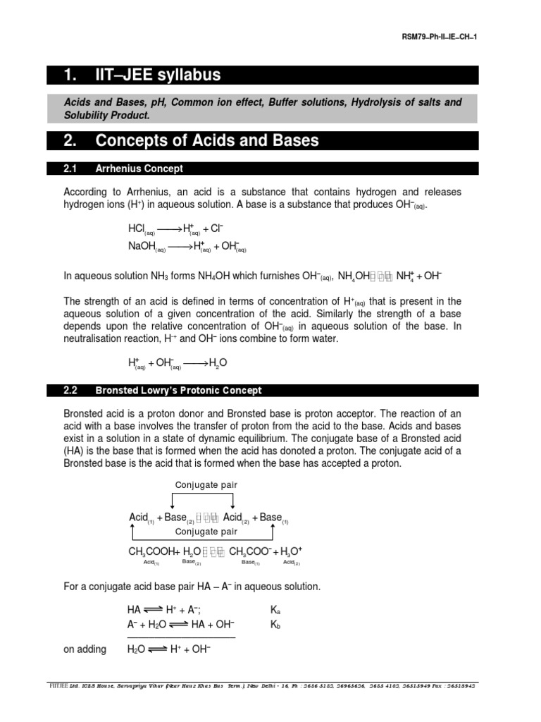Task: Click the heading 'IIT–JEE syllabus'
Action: tap(159, 75)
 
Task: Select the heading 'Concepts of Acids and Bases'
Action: tap(206, 140)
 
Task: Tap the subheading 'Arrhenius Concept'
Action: tap(139, 169)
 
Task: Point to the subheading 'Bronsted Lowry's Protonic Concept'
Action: tap(178, 390)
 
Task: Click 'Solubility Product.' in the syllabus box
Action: tap(106, 115)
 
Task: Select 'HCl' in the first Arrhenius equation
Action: tap(137, 230)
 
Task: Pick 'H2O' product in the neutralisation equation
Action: tap(218, 363)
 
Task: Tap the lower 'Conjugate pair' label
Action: tap(205, 532)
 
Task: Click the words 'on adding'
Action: tap(85, 649)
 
